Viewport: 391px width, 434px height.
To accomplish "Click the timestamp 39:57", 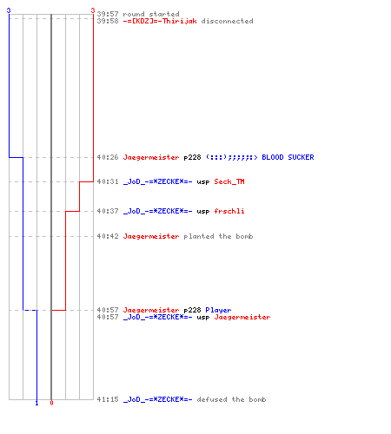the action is pos(108,14).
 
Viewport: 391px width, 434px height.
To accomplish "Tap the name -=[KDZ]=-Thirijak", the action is pos(160,21).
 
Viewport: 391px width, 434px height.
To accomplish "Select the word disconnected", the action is pos(227,21).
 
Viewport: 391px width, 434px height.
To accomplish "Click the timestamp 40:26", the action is pos(108,157).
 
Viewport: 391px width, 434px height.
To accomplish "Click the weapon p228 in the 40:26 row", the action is pos(192,158).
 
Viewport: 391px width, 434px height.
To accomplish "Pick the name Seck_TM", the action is pos(229,181).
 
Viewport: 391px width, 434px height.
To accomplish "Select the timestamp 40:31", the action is pos(108,181).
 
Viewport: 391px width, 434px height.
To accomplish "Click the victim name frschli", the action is pos(229,211).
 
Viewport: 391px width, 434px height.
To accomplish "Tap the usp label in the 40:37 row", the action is pos(203,212).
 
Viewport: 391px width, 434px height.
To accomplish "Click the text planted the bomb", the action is pos(218,236).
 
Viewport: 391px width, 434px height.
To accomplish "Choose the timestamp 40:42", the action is pos(108,236).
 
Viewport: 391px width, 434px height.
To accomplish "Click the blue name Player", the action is pos(218,310).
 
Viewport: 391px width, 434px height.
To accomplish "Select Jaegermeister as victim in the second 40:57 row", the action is pos(242,317).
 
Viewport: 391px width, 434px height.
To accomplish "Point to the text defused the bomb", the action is pos(231,399).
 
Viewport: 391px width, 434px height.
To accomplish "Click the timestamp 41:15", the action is pos(108,399).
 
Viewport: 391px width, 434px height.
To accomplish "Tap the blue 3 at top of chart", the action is pos(9,10).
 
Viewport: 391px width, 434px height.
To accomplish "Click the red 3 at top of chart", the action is pos(93,10).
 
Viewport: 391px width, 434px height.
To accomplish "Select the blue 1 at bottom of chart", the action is pos(36,403).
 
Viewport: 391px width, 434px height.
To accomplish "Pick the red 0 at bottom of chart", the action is pos(51,403).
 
